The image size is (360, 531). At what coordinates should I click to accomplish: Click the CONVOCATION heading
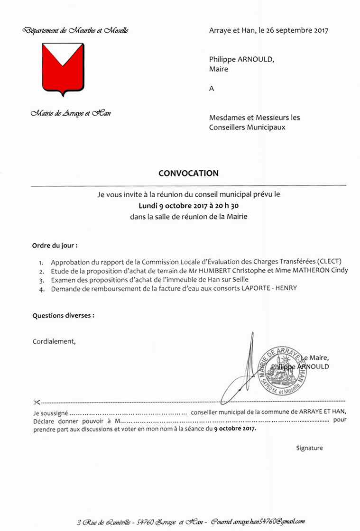[x=188, y=174]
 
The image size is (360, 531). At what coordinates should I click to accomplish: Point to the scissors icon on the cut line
[x=37, y=402]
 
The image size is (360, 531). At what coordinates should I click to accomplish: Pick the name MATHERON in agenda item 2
[x=313, y=270]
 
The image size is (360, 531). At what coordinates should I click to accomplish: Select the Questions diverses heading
[x=63, y=315]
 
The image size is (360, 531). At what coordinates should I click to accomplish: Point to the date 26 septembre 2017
[x=293, y=31]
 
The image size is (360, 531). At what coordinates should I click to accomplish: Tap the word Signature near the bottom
[x=309, y=448]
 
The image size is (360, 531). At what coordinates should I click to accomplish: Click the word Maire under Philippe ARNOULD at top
[x=219, y=69]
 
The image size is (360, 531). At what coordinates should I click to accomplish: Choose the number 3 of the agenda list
[x=41, y=280]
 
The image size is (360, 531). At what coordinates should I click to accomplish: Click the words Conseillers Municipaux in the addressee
[x=247, y=127]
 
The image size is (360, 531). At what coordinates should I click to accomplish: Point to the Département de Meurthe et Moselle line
[x=75, y=31]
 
